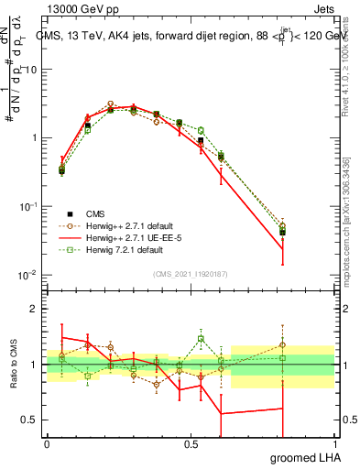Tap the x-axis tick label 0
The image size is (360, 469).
(x=47, y=443)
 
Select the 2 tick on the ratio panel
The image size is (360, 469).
(x=33, y=310)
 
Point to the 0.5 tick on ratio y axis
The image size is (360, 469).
(x=29, y=420)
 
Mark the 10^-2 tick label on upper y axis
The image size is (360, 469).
(x=27, y=275)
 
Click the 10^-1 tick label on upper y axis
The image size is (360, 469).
(x=27, y=207)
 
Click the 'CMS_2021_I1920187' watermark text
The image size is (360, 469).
(x=191, y=274)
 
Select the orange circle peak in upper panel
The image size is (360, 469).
(x=110, y=104)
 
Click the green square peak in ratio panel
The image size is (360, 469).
(x=200, y=339)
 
